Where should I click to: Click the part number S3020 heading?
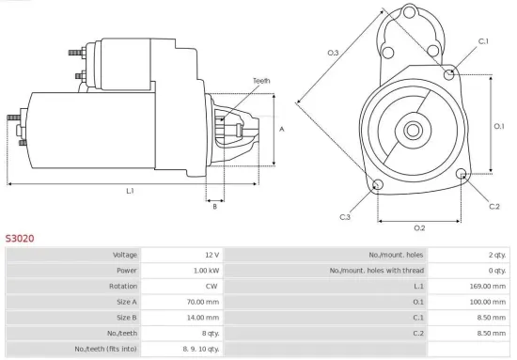20,239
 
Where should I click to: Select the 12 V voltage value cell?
210,255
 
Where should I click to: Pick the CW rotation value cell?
211,286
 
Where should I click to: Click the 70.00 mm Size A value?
203,302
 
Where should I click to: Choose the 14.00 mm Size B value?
203,317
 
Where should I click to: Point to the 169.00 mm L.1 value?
488,286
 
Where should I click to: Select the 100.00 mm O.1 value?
488,302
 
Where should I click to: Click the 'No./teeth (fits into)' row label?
107,349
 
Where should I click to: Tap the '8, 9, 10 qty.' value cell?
200,349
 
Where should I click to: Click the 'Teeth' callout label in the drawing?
261,81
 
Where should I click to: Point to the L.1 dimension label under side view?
130,191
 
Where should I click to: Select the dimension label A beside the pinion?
283,129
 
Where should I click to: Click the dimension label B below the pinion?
215,206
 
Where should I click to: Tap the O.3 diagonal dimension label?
333,53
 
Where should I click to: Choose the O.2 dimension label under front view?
419,227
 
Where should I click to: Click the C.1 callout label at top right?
483,41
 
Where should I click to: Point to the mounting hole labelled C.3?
378,184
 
